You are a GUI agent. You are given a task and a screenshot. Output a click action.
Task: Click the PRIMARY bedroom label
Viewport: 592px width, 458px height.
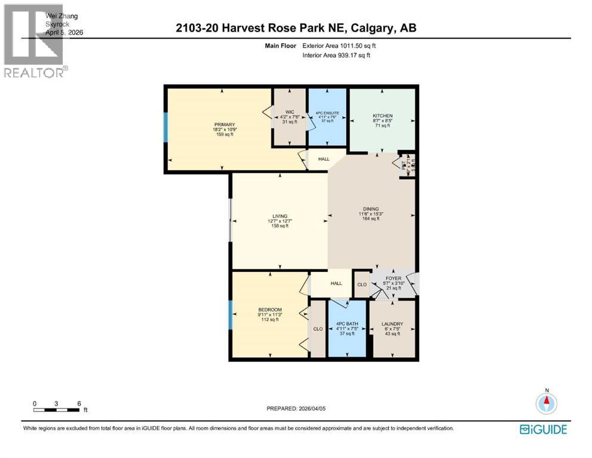tap(225, 125)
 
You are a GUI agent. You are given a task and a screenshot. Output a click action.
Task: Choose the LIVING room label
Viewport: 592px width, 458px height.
tap(280, 216)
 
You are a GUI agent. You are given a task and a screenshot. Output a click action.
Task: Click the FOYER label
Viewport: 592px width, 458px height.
tap(393, 278)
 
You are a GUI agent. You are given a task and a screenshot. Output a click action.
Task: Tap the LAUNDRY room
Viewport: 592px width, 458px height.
tap(392, 324)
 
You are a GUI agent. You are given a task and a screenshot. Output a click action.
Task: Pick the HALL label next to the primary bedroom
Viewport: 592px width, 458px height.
tap(323, 159)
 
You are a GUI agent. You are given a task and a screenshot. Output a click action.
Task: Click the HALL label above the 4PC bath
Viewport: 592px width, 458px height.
tap(336, 283)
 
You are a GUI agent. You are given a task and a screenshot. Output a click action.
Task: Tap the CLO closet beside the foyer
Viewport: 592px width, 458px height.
tap(361, 284)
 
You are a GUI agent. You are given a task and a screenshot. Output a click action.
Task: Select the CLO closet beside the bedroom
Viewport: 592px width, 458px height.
tap(318, 329)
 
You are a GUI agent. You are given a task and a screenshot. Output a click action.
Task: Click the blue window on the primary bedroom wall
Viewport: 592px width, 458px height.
tap(166, 126)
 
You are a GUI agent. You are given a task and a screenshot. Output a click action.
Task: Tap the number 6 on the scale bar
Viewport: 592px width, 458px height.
tap(79, 403)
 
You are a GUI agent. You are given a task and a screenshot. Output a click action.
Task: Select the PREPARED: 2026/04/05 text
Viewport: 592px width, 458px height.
tap(296, 409)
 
